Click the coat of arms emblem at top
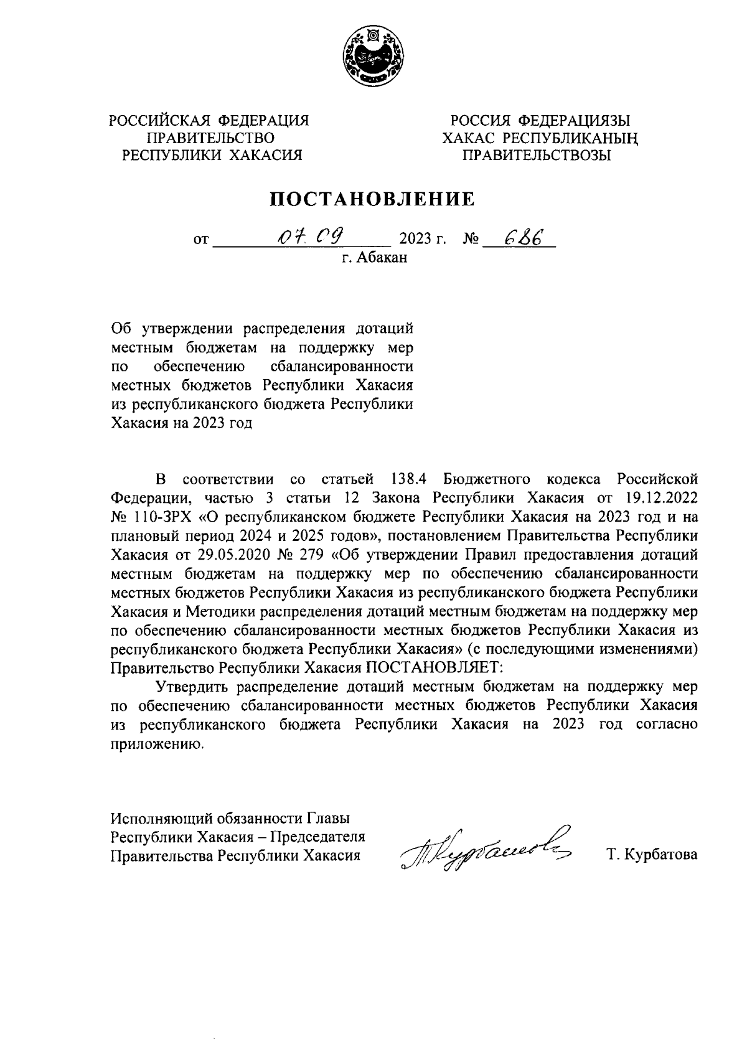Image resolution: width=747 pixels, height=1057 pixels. pos(373,58)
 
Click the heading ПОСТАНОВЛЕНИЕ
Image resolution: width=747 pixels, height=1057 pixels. pos(372,199)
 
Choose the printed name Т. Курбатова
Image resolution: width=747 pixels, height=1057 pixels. pos(652,855)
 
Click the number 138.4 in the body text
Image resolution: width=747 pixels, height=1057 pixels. pos(411,479)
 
